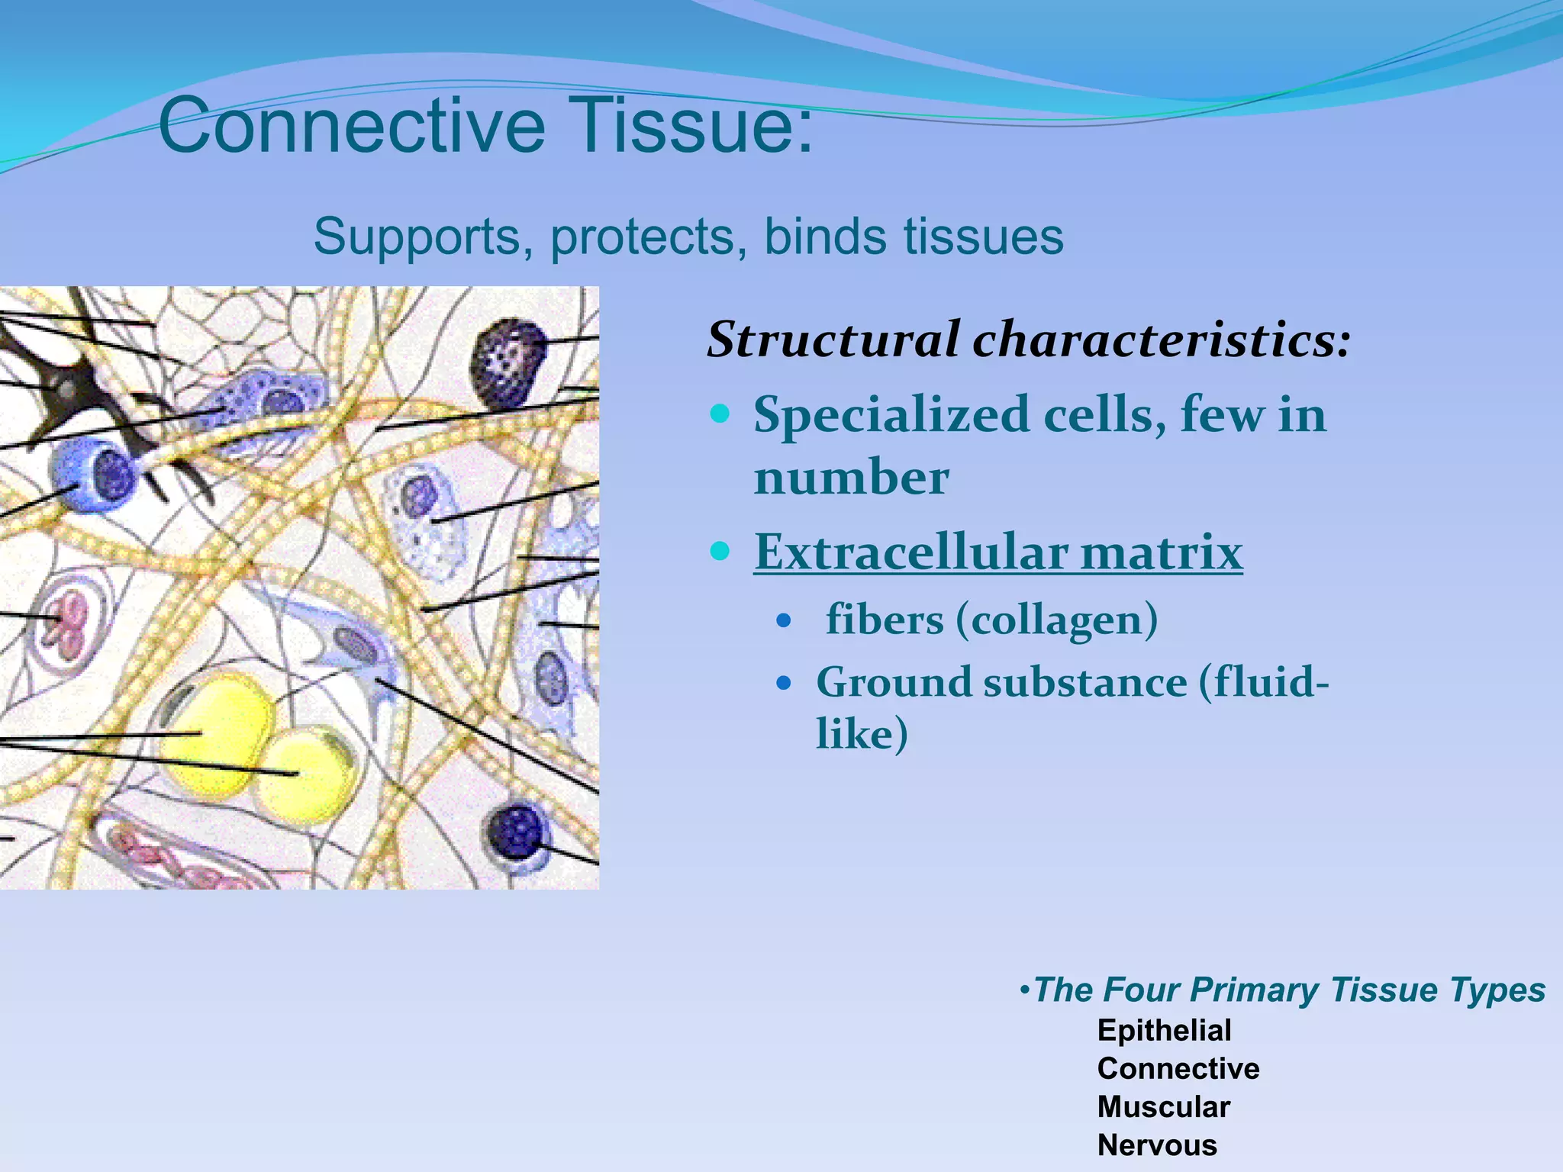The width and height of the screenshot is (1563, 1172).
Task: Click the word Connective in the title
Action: click(x=351, y=126)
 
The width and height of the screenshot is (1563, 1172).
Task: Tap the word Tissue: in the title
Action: click(x=691, y=126)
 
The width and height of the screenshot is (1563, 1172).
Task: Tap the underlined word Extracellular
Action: click(x=911, y=552)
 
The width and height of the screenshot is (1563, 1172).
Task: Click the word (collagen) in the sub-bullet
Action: click(x=1057, y=620)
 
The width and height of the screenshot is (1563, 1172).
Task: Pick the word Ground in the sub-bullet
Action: click(x=893, y=682)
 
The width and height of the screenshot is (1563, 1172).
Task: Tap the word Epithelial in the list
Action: click(x=1164, y=1031)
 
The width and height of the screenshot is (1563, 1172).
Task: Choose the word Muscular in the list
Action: click(x=1163, y=1107)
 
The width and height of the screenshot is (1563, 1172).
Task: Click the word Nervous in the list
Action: click(x=1157, y=1145)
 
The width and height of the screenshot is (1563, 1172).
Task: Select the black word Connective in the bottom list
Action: click(x=1178, y=1069)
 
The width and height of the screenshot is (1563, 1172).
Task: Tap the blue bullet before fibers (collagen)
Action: click(x=783, y=620)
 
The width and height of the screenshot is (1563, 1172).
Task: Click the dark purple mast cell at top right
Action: click(x=508, y=362)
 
